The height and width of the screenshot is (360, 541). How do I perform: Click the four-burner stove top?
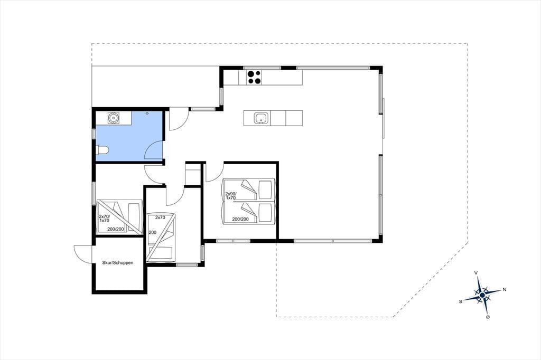click(x=254, y=77)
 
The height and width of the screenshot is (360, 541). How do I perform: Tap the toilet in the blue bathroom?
click(x=102, y=150)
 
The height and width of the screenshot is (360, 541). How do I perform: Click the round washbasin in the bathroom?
click(x=113, y=118)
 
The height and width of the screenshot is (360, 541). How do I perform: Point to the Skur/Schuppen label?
click(x=118, y=263)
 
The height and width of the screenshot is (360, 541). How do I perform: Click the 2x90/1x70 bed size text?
click(x=231, y=196)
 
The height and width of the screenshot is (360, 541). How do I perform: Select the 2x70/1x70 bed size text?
click(x=104, y=219)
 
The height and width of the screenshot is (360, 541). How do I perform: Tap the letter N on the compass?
click(x=505, y=289)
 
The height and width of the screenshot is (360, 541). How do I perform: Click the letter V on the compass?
click(x=476, y=273)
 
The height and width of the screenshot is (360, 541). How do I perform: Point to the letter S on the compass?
click(x=461, y=301)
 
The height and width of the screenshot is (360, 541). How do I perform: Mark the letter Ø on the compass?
click(x=488, y=317)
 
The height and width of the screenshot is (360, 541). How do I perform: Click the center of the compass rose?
click(x=482, y=295)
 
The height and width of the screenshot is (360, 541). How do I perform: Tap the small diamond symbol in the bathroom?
click(x=147, y=113)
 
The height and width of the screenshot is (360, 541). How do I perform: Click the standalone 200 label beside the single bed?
click(x=153, y=232)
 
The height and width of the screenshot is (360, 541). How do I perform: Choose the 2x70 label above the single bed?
click(x=160, y=217)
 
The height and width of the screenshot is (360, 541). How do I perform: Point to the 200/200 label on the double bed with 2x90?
click(x=240, y=219)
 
